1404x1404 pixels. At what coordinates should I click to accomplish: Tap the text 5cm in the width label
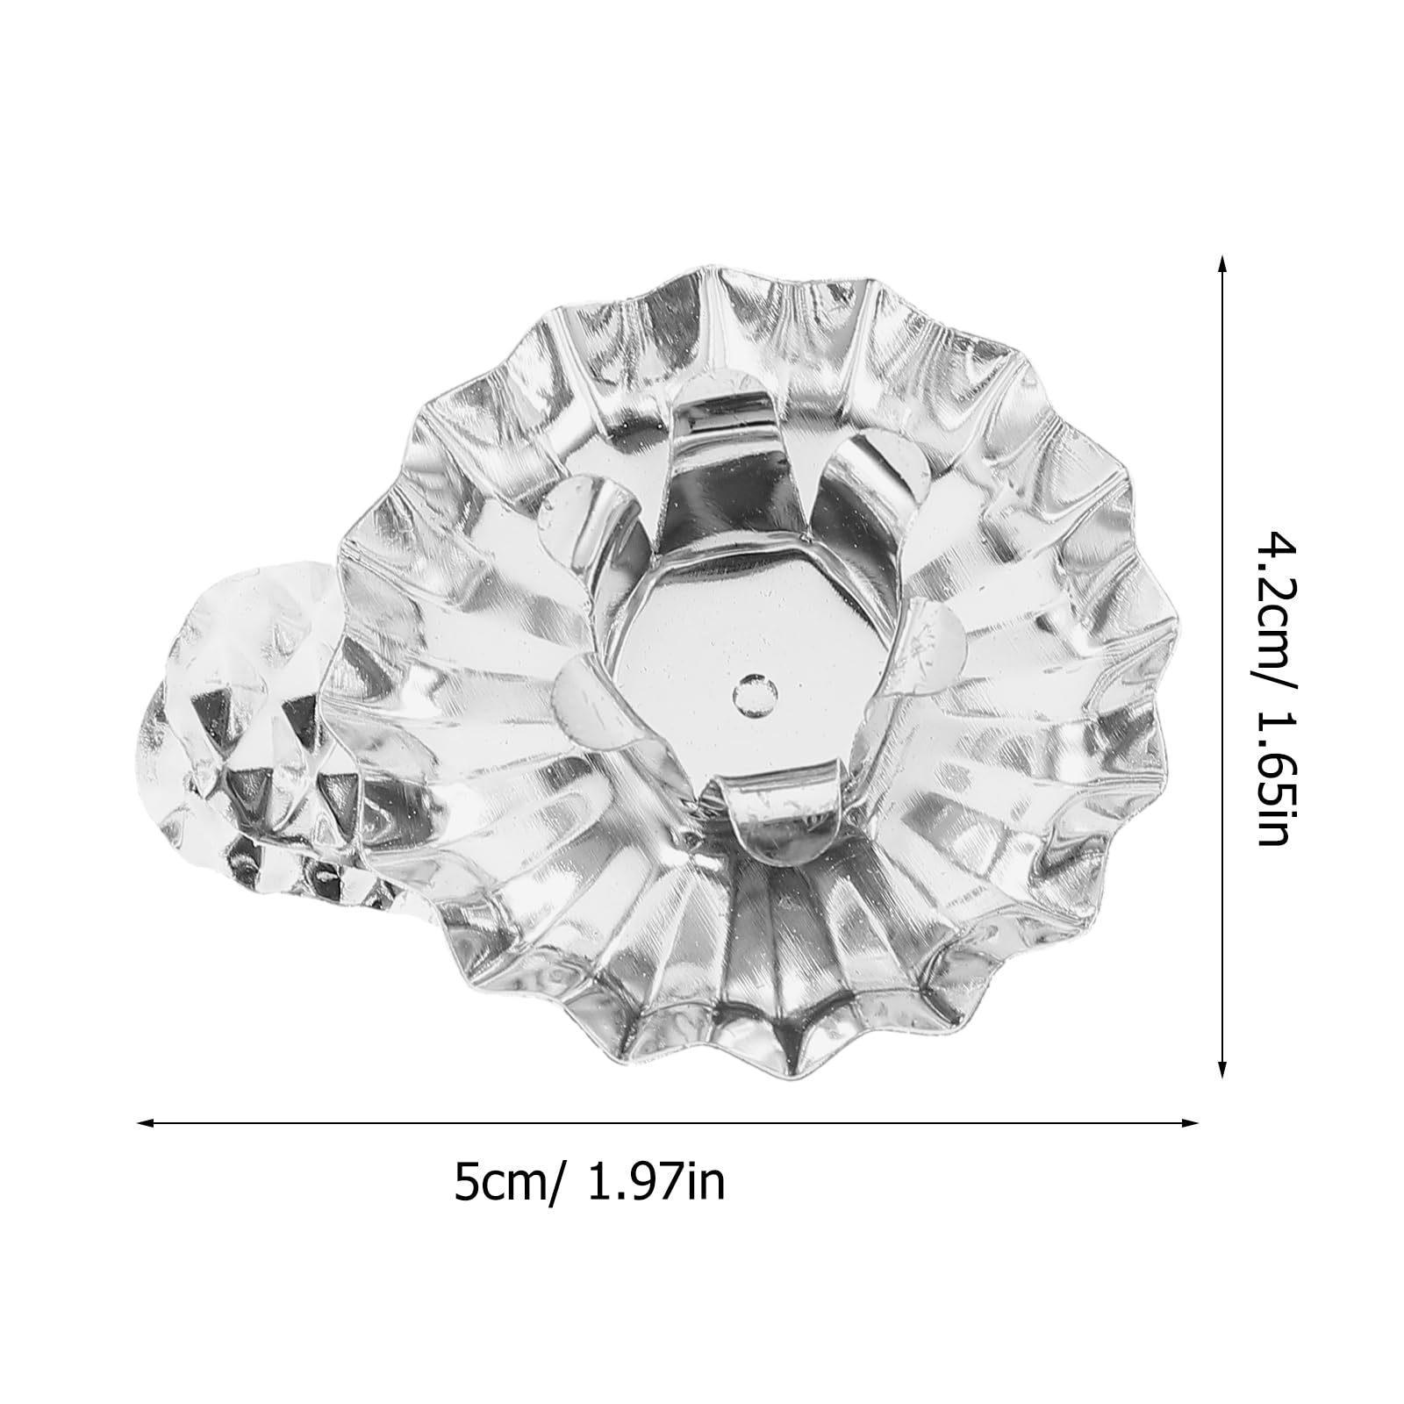[497, 1182]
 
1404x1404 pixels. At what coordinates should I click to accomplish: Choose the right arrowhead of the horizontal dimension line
[1190, 1121]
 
